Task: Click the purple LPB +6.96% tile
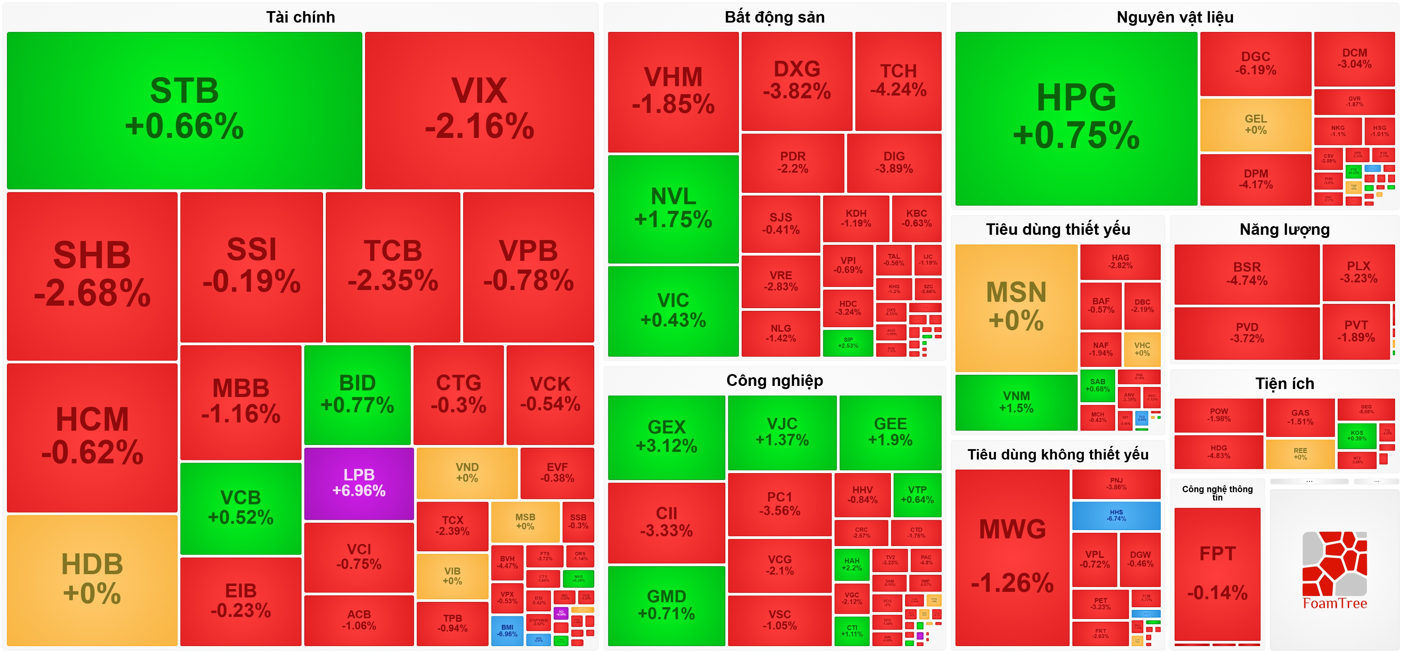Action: click(358, 483)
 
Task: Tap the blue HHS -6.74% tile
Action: click(1116, 515)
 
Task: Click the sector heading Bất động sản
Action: click(774, 17)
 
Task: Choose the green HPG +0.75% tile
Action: click(1076, 118)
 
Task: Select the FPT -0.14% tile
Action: click(1217, 573)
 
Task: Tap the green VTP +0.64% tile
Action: click(917, 494)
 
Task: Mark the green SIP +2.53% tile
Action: click(847, 342)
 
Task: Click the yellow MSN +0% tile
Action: click(1016, 307)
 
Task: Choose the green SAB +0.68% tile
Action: click(1097, 385)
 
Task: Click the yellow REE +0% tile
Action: click(1300, 454)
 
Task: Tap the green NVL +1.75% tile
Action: click(673, 209)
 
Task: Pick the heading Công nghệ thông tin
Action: click(1217, 493)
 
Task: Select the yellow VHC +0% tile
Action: click(1142, 349)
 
